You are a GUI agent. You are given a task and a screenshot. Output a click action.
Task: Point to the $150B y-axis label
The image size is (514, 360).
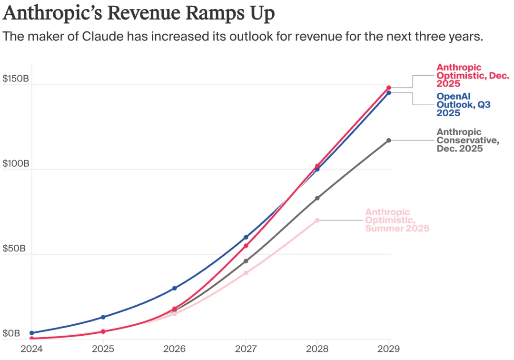click(x=16, y=79)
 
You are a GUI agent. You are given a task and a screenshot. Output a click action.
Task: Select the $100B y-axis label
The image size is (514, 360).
click(x=16, y=163)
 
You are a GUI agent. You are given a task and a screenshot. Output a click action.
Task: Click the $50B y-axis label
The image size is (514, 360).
click(x=14, y=248)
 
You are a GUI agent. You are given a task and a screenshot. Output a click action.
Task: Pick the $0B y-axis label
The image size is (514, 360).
click(x=12, y=333)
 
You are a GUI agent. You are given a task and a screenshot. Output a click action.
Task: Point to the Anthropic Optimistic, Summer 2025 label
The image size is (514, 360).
click(x=397, y=220)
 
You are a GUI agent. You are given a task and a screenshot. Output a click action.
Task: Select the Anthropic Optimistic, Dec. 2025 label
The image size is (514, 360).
click(x=473, y=75)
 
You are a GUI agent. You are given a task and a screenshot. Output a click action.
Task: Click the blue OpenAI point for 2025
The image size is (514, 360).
click(x=103, y=317)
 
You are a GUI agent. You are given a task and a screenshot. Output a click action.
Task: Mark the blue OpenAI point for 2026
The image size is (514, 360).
click(x=174, y=288)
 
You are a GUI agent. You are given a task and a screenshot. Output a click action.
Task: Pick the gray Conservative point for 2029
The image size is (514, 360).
click(x=388, y=140)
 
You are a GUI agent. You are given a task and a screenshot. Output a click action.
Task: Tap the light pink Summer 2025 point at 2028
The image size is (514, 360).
click(x=317, y=220)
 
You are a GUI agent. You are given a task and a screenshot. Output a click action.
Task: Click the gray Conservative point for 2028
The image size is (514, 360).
click(x=317, y=198)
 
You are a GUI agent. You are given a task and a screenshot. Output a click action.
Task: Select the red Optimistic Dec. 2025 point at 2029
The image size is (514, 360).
click(x=388, y=88)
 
